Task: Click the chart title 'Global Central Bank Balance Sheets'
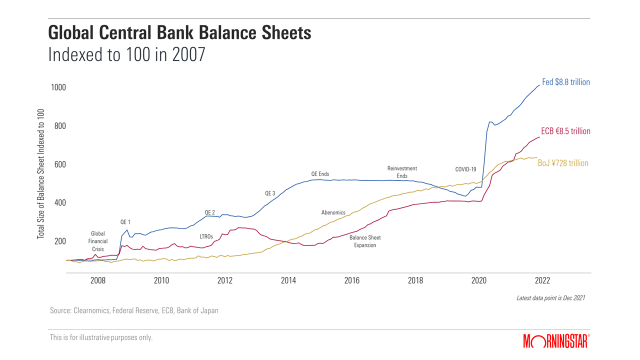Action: click(x=179, y=33)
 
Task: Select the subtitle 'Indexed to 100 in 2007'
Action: click(x=126, y=54)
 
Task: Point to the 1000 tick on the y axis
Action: click(x=58, y=87)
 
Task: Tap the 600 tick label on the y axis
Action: click(x=59, y=164)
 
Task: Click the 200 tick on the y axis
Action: click(x=59, y=241)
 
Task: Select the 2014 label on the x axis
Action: click(x=288, y=280)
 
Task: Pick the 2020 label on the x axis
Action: click(x=479, y=280)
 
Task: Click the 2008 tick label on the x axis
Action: click(x=98, y=280)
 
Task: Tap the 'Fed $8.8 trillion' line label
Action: click(x=566, y=82)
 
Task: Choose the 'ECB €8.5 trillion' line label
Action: click(x=565, y=131)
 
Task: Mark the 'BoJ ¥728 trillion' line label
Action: click(x=563, y=163)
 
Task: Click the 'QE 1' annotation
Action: click(x=126, y=221)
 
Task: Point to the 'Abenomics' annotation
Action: click(x=333, y=212)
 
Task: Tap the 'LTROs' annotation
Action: click(x=206, y=236)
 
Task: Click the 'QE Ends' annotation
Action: click(x=320, y=174)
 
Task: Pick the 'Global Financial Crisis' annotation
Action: click(x=98, y=241)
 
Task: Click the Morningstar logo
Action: click(x=556, y=341)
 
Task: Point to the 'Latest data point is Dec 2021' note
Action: click(x=550, y=298)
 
